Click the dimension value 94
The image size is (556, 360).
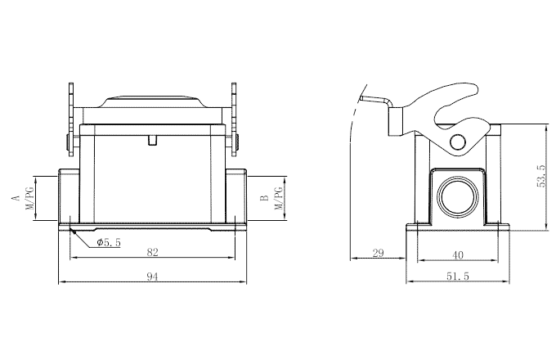(152, 277)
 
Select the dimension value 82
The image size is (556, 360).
(152, 252)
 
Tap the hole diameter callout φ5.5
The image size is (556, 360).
(108, 243)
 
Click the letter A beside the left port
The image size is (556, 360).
(14, 198)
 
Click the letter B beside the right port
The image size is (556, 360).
(263, 198)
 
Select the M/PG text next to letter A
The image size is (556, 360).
(30, 198)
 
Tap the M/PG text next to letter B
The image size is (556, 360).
(279, 198)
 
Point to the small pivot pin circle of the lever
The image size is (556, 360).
(457, 143)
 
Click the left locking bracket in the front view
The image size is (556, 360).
(71, 119)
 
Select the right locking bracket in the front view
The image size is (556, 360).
(235, 119)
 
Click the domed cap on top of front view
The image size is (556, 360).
(153, 102)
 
